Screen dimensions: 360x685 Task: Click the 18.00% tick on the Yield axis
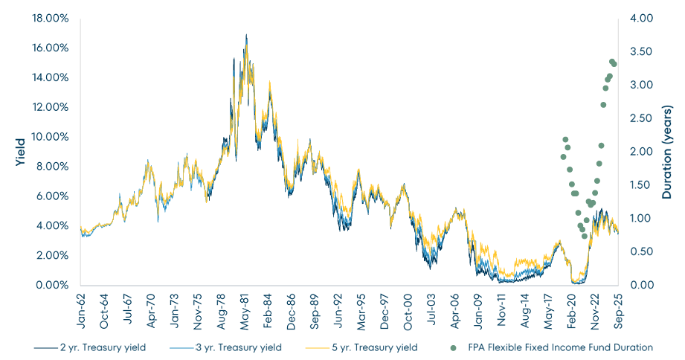click(50, 18)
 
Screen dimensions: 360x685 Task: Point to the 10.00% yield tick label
click(50, 137)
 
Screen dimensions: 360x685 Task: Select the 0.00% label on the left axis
click(52, 286)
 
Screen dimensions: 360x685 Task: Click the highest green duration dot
click(611, 62)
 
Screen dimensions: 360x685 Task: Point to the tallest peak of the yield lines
click(246, 34)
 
